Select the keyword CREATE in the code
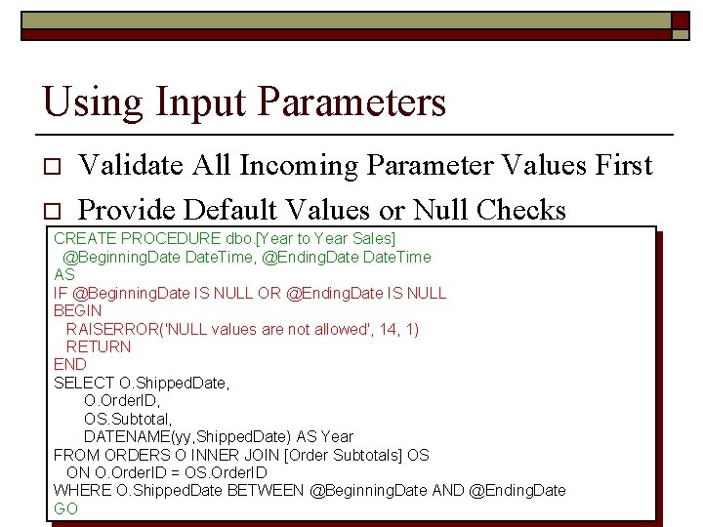(x=83, y=238)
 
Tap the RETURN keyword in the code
(x=98, y=346)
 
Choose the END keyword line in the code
(x=70, y=364)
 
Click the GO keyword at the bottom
(x=65, y=508)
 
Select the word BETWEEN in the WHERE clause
(x=266, y=490)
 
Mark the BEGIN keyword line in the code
(x=77, y=310)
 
